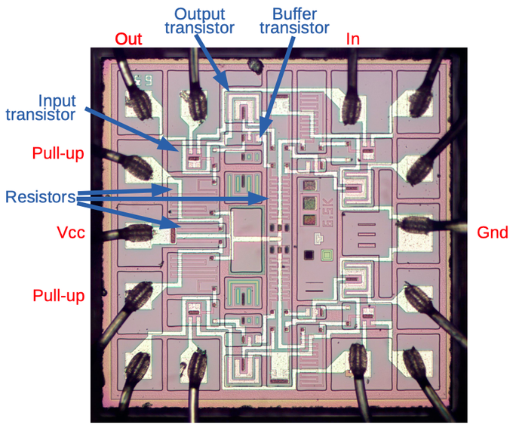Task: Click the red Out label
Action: pyautogui.click(x=128, y=38)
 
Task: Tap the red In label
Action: pyautogui.click(x=352, y=38)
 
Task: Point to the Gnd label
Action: pyautogui.click(x=493, y=232)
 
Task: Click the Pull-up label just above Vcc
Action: pyautogui.click(x=57, y=154)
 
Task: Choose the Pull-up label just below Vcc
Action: pyautogui.click(x=57, y=295)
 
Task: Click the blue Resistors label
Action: pyautogui.click(x=41, y=198)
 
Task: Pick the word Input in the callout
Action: pyautogui.click(x=57, y=100)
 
